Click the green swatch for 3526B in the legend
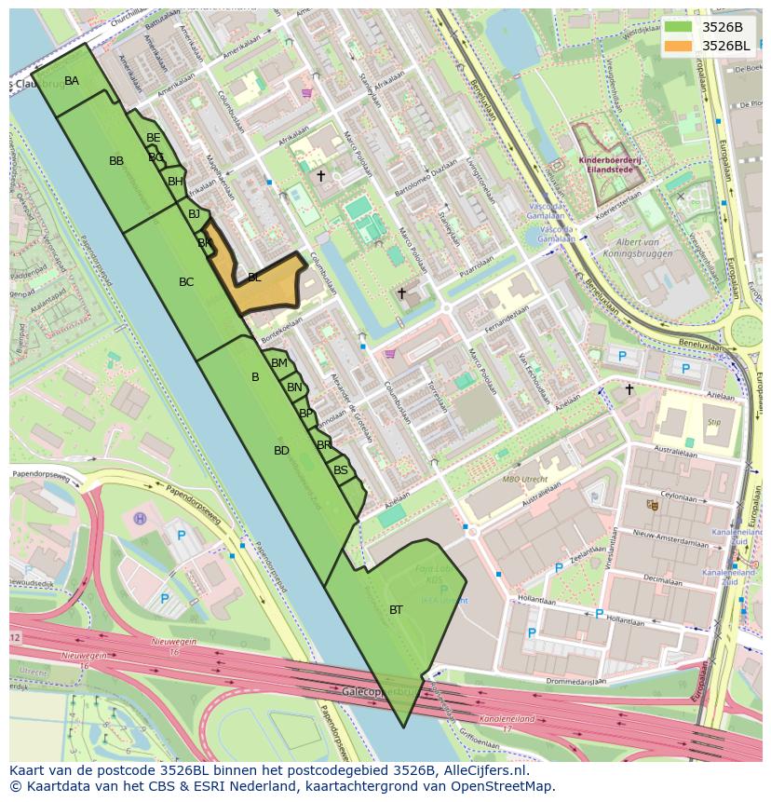(x=677, y=26)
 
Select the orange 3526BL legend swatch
(x=677, y=45)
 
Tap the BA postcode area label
(x=72, y=81)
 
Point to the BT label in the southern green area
(x=396, y=610)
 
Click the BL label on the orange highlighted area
(x=254, y=277)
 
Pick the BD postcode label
(x=281, y=451)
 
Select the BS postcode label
(x=341, y=470)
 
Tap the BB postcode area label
(x=116, y=161)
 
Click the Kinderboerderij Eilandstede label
(x=610, y=165)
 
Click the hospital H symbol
(x=140, y=518)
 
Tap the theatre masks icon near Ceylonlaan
(x=652, y=504)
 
